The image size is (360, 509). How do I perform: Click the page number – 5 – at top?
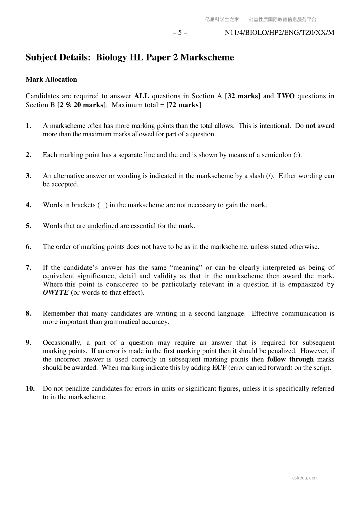click(x=180, y=33)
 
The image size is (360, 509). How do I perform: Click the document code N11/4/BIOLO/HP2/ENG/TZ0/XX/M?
click(x=279, y=33)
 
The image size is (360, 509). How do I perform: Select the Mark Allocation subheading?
click(x=51, y=79)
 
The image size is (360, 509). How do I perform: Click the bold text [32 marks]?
click(x=243, y=96)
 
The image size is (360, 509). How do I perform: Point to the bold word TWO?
click(x=286, y=96)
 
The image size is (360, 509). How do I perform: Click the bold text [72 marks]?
click(x=184, y=105)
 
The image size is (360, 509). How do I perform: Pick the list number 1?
click(x=28, y=126)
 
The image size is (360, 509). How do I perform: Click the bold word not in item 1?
click(x=310, y=126)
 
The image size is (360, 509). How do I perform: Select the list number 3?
click(x=28, y=176)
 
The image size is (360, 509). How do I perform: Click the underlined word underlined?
click(x=103, y=226)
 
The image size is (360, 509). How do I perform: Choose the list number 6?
click(x=28, y=247)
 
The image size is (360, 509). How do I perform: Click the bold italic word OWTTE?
click(x=56, y=293)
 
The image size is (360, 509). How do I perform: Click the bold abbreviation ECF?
click(x=219, y=368)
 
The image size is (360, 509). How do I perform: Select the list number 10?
click(x=30, y=388)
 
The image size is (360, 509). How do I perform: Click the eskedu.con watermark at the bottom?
click(x=304, y=478)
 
